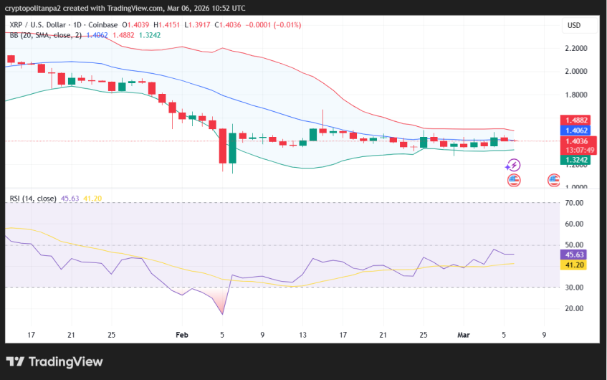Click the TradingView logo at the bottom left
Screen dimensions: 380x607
tap(54, 361)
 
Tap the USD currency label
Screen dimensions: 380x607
tap(573, 25)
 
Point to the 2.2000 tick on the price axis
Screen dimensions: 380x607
tap(576, 49)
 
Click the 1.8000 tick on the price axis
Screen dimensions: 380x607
tap(576, 95)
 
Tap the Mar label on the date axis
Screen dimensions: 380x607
tap(464, 334)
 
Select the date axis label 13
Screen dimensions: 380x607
tap(303, 334)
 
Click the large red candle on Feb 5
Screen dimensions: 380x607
tap(223, 147)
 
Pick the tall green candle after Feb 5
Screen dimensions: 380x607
tap(232, 149)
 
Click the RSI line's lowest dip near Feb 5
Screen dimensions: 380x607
tap(222, 313)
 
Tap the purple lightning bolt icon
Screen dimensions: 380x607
tap(512, 166)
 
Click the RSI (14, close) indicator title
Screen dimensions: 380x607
tap(33, 198)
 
